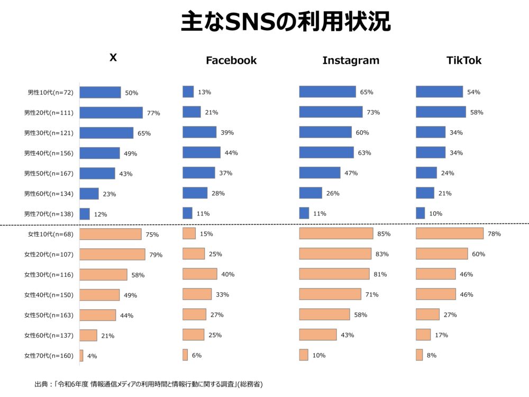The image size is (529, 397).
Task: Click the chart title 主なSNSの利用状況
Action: [x=286, y=22]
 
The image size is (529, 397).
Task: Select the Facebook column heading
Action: [x=231, y=60]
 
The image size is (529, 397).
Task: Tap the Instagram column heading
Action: [x=351, y=60]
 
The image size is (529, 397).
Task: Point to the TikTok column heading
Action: [x=464, y=60]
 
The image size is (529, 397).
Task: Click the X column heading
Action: [x=113, y=57]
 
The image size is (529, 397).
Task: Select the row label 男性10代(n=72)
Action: [x=50, y=93]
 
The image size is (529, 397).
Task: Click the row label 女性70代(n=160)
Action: [x=49, y=356]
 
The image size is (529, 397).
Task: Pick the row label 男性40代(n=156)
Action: [x=49, y=154]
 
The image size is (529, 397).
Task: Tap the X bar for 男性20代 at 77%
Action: [x=111, y=113]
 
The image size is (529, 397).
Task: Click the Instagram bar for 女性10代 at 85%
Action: [x=336, y=234]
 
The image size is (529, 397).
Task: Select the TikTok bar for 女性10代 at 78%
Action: [x=450, y=234]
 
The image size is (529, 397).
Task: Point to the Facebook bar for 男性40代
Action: [x=202, y=153]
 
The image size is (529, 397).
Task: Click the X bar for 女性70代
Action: [x=81, y=356]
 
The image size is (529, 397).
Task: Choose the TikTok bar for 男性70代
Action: [x=420, y=213]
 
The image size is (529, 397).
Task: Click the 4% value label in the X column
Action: [x=92, y=356]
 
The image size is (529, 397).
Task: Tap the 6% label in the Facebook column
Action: [x=196, y=356]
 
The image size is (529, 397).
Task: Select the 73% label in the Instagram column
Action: [x=373, y=113]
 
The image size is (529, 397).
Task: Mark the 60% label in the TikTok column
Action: [x=478, y=255]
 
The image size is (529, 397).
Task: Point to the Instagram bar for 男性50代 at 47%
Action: [x=320, y=173]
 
